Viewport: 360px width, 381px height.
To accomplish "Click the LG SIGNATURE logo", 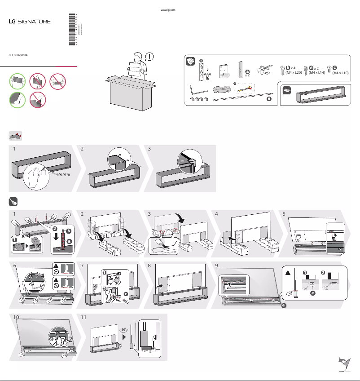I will (x=30, y=21).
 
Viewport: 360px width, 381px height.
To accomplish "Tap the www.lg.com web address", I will (x=167, y=9).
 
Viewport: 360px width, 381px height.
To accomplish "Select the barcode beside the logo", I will (x=73, y=29).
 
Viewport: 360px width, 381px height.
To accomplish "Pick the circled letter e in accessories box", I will (x=268, y=99).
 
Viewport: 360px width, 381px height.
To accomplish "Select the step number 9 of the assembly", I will (x=217, y=265).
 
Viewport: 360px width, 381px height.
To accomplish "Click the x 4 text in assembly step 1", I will (x=26, y=235).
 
